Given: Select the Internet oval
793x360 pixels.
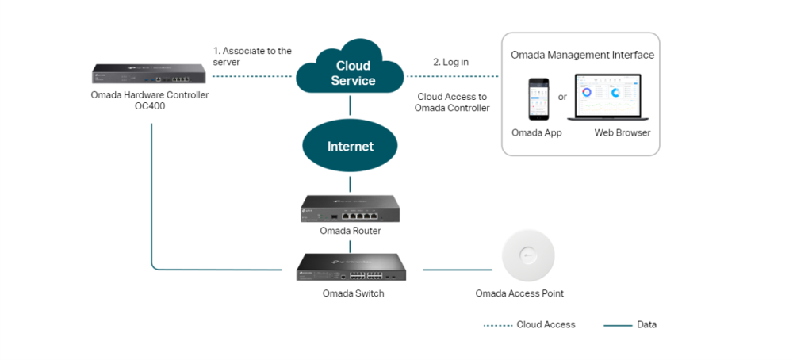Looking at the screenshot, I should coord(351,147).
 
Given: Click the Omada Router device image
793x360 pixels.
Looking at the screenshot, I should coord(351,209).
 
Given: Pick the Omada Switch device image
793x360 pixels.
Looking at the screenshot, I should coord(351,268).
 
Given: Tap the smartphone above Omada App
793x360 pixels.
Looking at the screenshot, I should coord(539,98).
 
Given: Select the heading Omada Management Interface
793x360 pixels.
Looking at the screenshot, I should coord(582,56).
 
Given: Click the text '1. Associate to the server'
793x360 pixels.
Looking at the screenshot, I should coord(251,56).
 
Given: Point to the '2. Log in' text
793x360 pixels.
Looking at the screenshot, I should coord(450,62).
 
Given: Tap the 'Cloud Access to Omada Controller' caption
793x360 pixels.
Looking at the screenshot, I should coord(452,102).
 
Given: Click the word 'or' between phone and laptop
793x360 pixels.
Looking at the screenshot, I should coord(562,98).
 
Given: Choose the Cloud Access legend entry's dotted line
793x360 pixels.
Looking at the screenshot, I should coord(496,325).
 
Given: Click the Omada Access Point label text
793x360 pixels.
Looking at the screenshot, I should coord(519,294).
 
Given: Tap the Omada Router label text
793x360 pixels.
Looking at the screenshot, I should coord(351,232).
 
